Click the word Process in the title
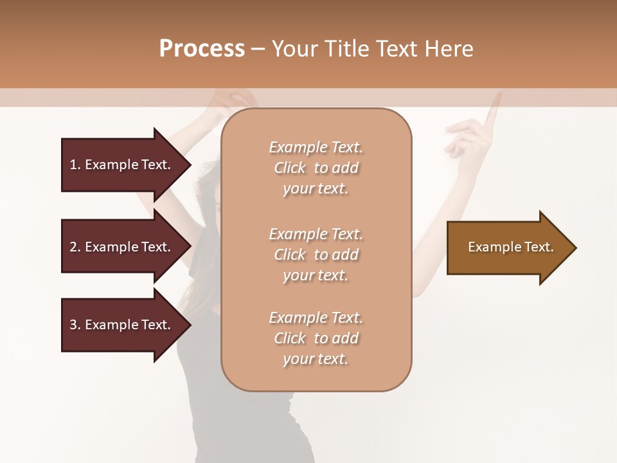[202, 49]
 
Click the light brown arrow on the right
[510, 248]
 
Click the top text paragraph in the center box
[316, 168]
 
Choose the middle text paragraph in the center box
[316, 255]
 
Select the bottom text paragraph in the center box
[316, 338]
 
